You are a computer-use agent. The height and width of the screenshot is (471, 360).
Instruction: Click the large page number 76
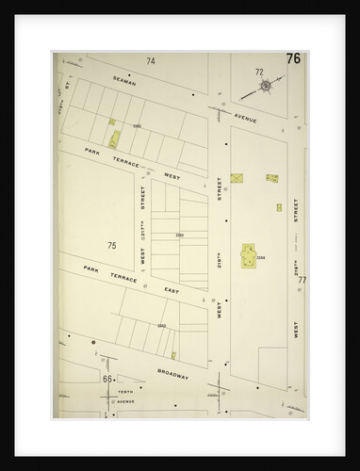(293, 59)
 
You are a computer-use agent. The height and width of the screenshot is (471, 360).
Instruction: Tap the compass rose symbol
(265, 87)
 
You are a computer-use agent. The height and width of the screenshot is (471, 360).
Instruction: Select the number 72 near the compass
(258, 72)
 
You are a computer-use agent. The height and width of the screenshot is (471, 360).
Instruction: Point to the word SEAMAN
(124, 83)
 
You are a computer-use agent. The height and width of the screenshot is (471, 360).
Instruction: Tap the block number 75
(111, 246)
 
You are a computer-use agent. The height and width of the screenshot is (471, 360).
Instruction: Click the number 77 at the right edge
(302, 280)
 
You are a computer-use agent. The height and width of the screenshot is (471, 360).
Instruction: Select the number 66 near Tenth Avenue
(108, 379)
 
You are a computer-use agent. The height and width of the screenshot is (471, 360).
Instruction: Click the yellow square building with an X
(237, 177)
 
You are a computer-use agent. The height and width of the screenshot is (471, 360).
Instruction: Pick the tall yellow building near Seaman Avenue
(114, 139)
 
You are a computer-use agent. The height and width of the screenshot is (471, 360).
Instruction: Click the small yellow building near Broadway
(173, 355)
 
